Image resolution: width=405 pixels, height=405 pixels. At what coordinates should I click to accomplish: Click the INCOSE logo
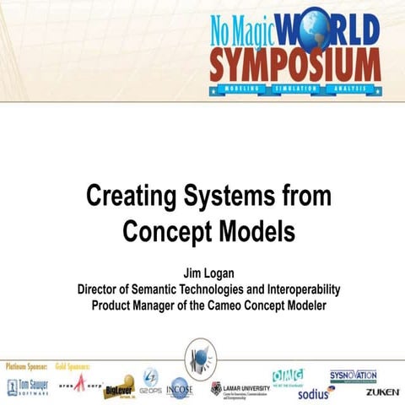point(181,387)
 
